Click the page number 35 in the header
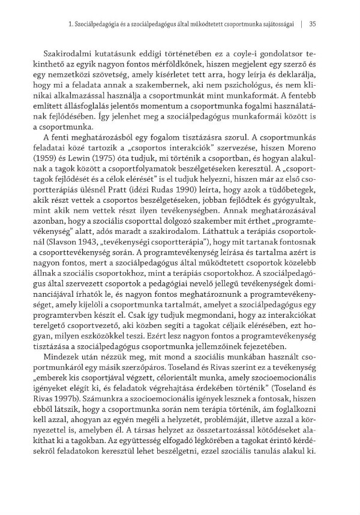(312, 25)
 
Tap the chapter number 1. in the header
(72, 25)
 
